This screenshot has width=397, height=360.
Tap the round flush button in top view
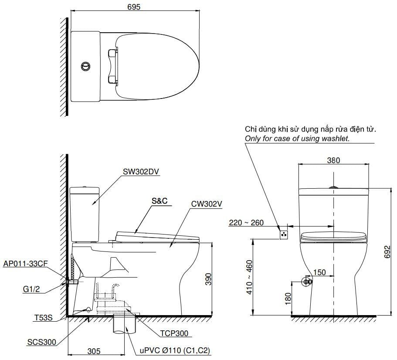point(86,66)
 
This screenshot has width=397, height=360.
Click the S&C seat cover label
point(159,201)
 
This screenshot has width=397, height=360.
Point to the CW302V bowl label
point(207,203)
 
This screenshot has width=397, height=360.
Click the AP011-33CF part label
point(25,264)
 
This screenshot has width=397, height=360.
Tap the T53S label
point(43,318)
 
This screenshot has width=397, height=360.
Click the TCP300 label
point(174,333)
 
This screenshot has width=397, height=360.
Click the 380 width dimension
point(333,160)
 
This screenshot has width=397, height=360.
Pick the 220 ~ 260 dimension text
point(246,223)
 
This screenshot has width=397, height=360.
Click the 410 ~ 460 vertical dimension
point(249,277)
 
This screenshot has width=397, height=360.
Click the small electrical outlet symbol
point(284,234)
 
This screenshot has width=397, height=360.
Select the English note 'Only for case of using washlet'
point(297,138)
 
